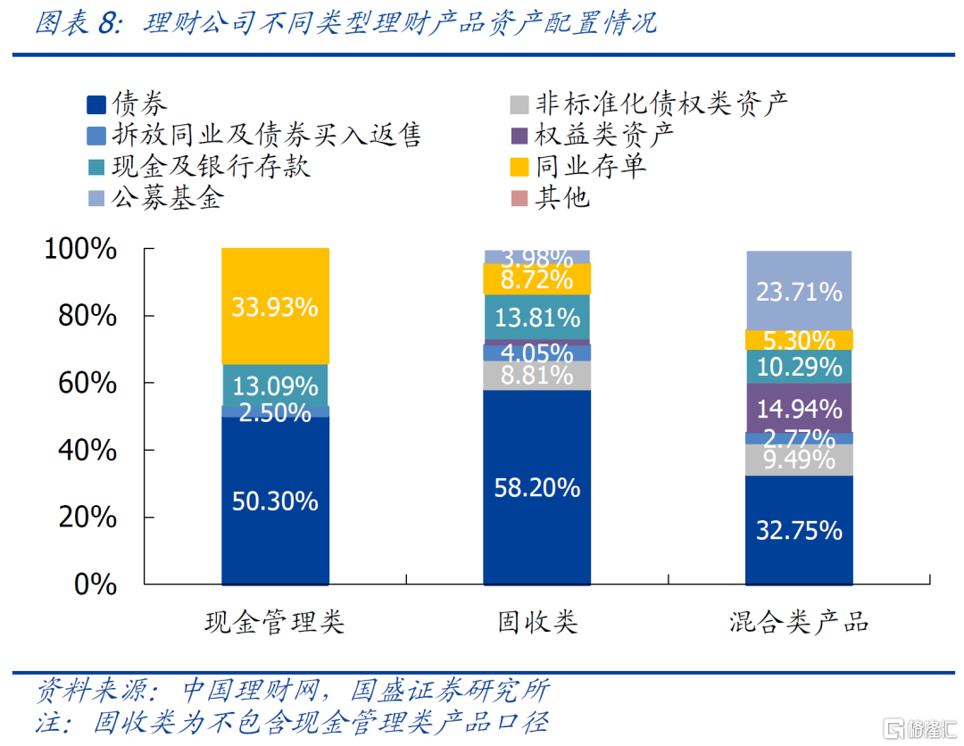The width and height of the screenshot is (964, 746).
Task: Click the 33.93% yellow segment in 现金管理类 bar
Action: click(x=275, y=306)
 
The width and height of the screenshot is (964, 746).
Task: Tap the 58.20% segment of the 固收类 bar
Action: click(x=536, y=487)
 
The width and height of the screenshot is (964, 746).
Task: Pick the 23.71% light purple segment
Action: click(x=798, y=290)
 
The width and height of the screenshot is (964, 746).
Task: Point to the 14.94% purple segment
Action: click(x=798, y=409)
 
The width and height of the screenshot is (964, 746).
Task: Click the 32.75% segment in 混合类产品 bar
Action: click(x=798, y=530)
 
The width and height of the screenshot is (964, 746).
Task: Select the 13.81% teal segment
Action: click(x=536, y=317)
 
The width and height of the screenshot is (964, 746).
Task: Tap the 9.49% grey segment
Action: click(x=798, y=460)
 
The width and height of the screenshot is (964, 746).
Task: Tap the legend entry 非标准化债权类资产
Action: click(x=648, y=104)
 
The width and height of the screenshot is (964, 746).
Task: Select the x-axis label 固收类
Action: click(x=536, y=622)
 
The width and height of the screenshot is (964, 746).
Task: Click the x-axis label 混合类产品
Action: click(x=798, y=622)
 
